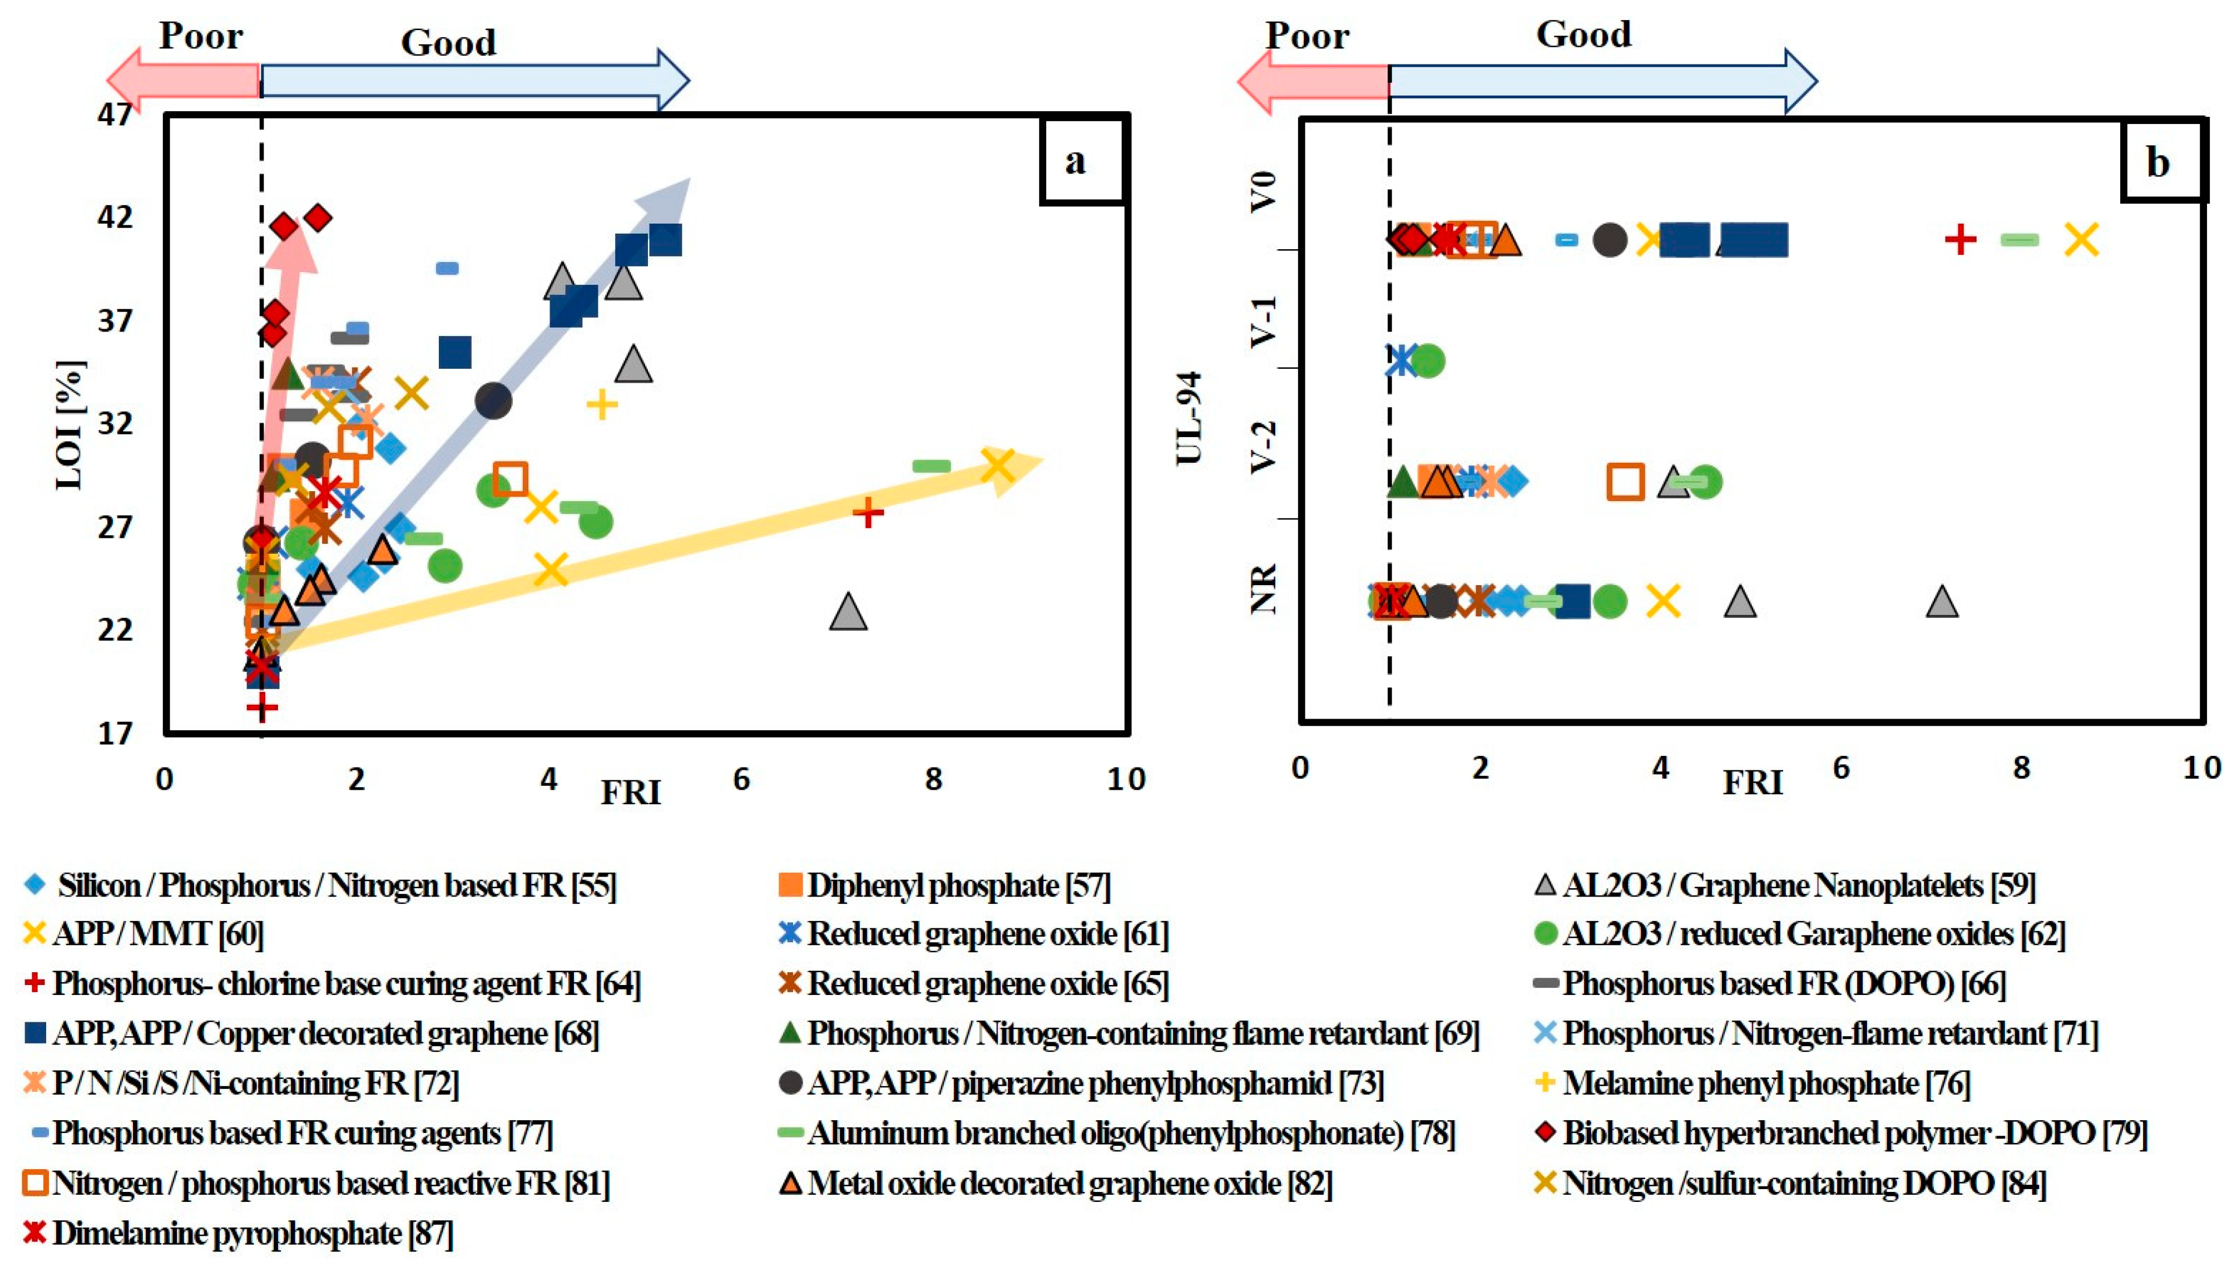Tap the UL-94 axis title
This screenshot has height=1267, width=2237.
coord(1189,418)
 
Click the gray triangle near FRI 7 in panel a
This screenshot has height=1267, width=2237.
coord(848,612)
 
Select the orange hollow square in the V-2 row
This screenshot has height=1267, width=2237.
coord(1625,481)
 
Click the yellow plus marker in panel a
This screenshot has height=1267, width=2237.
coord(601,404)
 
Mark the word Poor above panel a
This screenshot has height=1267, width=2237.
coord(200,37)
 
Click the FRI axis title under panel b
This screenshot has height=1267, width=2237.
coord(1753,783)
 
